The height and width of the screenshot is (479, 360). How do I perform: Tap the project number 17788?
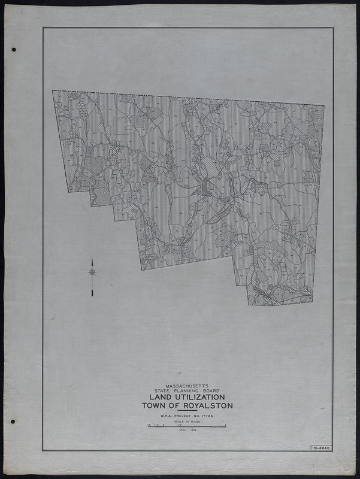coord(207,415)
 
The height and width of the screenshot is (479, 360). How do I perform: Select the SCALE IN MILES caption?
coord(187,421)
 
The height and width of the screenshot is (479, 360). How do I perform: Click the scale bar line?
coord(187,426)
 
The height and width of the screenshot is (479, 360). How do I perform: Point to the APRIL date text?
coord(181,431)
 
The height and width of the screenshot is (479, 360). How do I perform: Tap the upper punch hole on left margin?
coord(13,50)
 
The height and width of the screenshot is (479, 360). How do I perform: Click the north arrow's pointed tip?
coord(92,260)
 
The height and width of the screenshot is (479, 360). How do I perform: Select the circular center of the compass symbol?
coord(92,272)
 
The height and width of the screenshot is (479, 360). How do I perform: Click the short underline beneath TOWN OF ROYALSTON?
coord(187,411)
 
